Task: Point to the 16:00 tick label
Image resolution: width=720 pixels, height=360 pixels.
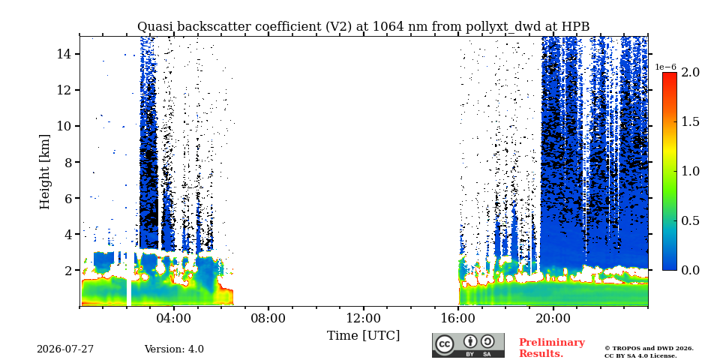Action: (x=458, y=318)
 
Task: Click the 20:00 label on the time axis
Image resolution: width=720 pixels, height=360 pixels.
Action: (x=553, y=318)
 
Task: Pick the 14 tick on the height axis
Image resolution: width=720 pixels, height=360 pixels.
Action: (x=64, y=54)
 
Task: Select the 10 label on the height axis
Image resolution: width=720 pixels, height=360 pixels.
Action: (x=64, y=126)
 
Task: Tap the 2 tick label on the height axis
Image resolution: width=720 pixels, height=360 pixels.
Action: (x=68, y=271)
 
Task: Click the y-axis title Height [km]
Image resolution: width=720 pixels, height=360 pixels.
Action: (x=44, y=172)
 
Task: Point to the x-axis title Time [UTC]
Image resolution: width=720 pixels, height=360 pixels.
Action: (x=363, y=336)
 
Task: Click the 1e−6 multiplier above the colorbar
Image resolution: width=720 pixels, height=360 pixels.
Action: (x=665, y=67)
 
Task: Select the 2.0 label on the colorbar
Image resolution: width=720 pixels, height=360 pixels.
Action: (x=690, y=72)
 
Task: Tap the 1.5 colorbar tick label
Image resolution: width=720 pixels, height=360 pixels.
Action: (x=690, y=121)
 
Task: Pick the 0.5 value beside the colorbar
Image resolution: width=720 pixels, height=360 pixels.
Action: (x=690, y=220)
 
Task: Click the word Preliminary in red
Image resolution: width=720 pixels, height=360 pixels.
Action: (x=552, y=343)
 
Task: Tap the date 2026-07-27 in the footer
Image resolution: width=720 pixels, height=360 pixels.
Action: (x=65, y=349)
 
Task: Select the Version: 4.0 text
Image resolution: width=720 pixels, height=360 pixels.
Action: (x=174, y=349)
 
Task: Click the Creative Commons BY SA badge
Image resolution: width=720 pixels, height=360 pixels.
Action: (x=468, y=345)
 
